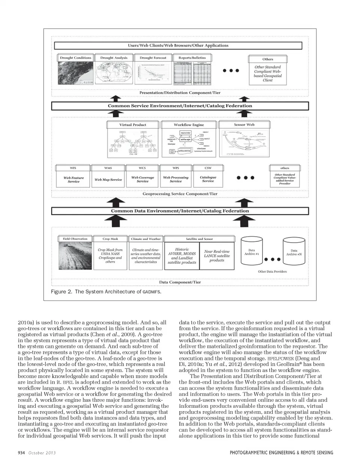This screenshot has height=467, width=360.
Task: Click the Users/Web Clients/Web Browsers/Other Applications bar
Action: (x=178, y=45)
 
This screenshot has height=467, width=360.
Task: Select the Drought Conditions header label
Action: (x=75, y=58)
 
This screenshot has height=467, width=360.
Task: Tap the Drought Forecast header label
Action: (x=153, y=58)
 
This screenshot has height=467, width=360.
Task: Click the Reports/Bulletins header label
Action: (x=192, y=58)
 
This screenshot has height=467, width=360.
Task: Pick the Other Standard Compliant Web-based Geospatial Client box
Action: (x=267, y=74)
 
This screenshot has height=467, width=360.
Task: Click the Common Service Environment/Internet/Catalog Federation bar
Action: (x=180, y=106)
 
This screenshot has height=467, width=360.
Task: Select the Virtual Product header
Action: (x=133, y=125)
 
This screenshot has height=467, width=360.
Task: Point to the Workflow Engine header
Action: (x=189, y=125)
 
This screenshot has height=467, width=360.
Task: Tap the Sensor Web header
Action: (x=244, y=125)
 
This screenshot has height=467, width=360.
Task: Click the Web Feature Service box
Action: (x=73, y=179)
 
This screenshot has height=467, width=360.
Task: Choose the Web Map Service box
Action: (x=108, y=179)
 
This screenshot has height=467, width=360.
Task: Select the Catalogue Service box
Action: (x=208, y=179)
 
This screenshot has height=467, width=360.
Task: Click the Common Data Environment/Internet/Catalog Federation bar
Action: (x=180, y=211)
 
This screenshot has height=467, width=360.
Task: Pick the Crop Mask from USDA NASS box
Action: (x=110, y=255)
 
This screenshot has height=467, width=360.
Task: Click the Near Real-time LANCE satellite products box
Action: (x=217, y=256)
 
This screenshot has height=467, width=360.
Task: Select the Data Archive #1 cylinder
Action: (x=252, y=253)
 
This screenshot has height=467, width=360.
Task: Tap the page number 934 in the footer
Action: (x=21, y=453)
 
